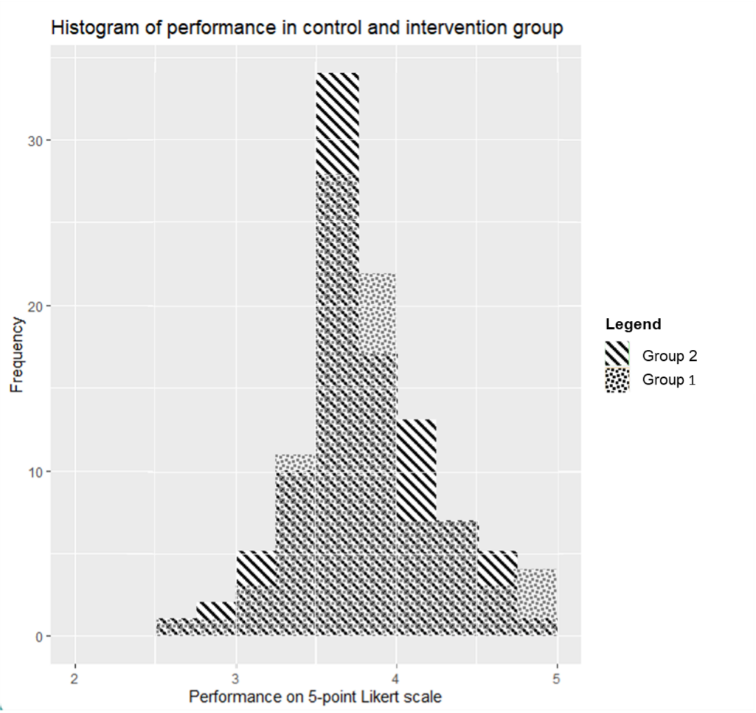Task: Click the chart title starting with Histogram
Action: click(307, 29)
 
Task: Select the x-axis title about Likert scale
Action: click(316, 696)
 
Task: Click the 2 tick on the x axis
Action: click(74, 678)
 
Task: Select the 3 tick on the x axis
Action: click(235, 678)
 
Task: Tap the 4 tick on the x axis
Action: click(396, 678)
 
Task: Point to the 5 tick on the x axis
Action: click(557, 678)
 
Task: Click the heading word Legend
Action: click(633, 324)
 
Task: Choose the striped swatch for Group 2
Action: click(617, 355)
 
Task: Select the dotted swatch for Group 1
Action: click(617, 380)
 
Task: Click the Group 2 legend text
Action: click(669, 356)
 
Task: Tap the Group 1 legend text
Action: click(669, 381)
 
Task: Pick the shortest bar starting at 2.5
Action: click(176, 627)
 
